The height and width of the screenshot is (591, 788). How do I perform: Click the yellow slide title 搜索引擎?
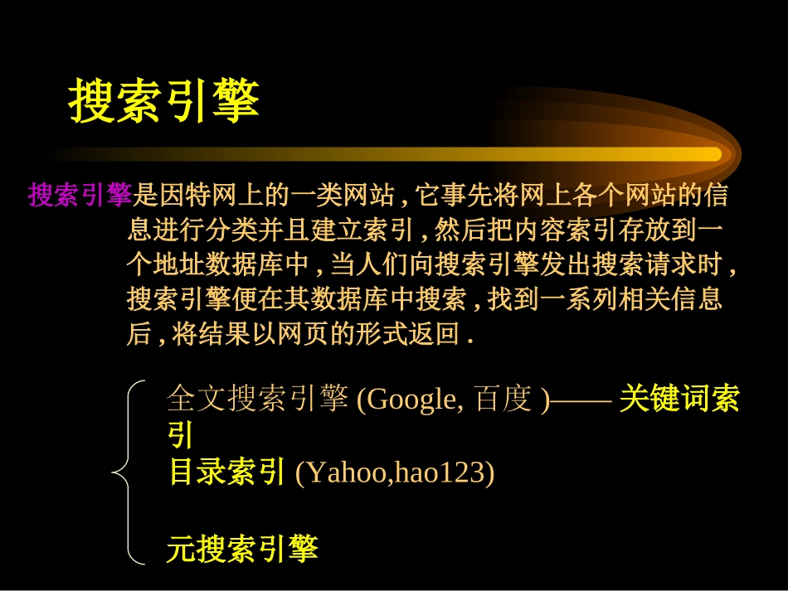click(164, 101)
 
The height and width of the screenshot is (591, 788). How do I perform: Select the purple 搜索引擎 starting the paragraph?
click(80, 196)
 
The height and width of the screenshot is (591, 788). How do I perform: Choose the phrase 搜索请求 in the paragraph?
click(631, 264)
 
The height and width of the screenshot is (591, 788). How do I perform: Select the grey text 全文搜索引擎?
click(257, 400)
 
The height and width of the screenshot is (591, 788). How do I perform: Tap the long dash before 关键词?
click(581, 400)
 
